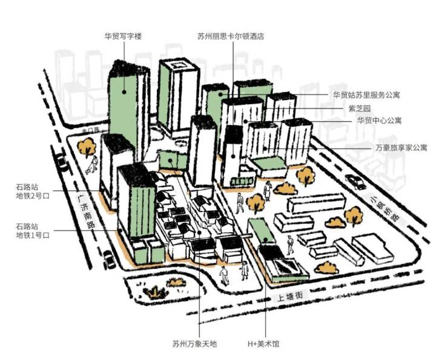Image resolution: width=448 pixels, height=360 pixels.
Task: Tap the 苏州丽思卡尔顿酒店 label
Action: click(231, 36)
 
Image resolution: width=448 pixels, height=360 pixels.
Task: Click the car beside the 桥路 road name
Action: click(352, 181)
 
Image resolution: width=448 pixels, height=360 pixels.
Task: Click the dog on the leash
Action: click(88, 172)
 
